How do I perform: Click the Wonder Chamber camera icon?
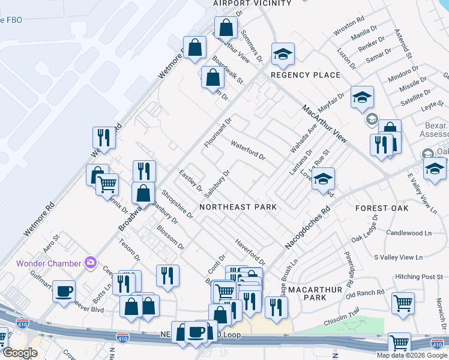point(91,262)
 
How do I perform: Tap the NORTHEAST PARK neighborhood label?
point(238,207)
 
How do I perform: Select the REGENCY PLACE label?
point(305,75)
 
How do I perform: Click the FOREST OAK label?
point(381,208)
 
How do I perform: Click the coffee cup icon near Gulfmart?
point(64,291)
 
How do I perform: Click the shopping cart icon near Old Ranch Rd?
point(403,302)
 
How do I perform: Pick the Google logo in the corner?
point(20,353)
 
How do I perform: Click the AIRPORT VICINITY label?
point(252,4)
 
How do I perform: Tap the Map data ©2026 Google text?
point(411,355)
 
